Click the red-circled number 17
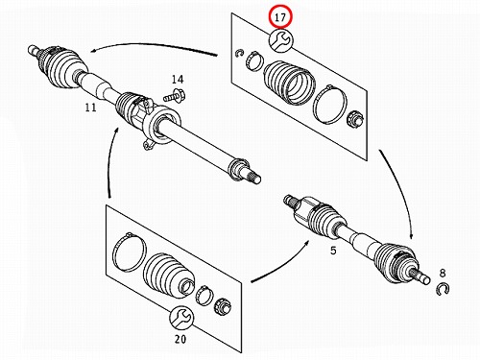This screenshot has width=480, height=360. pyautogui.click(x=280, y=17)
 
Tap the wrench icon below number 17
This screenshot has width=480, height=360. pyautogui.click(x=280, y=40)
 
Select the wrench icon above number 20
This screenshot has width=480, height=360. pyautogui.click(x=180, y=318)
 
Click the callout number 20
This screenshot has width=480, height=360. pyautogui.click(x=180, y=339)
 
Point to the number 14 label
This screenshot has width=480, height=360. pyautogui.click(x=178, y=79)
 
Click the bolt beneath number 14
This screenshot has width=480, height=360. pyautogui.click(x=176, y=95)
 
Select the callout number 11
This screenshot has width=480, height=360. pyautogui.click(x=90, y=108)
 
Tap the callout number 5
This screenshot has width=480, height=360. pyautogui.click(x=333, y=251)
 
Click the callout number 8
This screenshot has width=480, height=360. pyautogui.click(x=443, y=273)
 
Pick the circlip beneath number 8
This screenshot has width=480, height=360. pyautogui.click(x=443, y=289)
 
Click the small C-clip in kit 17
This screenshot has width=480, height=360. pyautogui.click(x=238, y=54)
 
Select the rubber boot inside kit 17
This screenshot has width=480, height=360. pyautogui.click(x=289, y=83)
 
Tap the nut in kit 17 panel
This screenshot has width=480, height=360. pyautogui.click(x=355, y=118)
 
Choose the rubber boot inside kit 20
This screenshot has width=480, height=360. pyautogui.click(x=169, y=275)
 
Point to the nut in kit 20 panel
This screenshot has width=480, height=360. pyautogui.click(x=223, y=305)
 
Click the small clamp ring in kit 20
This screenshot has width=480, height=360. pyautogui.click(x=204, y=295)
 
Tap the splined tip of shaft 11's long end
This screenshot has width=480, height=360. pyautogui.click(x=255, y=178)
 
